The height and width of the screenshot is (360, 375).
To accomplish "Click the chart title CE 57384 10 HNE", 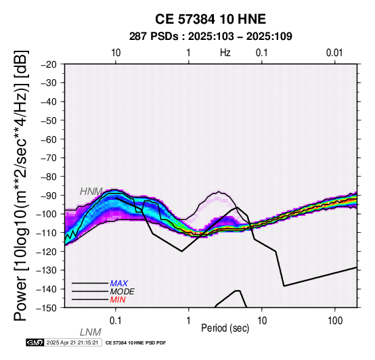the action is click(x=211, y=19).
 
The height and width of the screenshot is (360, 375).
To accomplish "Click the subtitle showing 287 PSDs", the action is click(x=211, y=37).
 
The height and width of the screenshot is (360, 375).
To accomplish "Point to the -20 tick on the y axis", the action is click(x=49, y=64).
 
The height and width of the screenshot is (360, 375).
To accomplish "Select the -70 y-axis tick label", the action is click(x=49, y=158).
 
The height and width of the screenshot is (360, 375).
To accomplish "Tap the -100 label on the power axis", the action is click(x=47, y=215).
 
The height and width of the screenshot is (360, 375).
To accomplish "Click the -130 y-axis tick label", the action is click(x=47, y=271).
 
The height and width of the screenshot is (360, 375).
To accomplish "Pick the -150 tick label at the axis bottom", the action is click(x=47, y=308).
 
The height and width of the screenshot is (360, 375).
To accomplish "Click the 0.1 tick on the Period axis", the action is click(x=116, y=321).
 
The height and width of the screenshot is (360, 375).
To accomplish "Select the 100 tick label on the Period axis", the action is click(x=335, y=321).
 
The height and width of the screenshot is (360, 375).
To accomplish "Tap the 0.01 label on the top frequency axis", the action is click(x=334, y=53).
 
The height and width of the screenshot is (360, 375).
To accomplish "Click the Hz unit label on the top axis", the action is click(x=225, y=53).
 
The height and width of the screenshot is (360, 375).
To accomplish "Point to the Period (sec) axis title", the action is click(x=225, y=328).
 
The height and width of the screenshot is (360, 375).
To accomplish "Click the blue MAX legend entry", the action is click(x=119, y=284).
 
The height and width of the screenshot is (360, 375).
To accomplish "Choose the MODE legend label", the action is click(x=123, y=292).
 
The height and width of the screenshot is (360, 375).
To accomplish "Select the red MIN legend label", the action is click(x=118, y=300).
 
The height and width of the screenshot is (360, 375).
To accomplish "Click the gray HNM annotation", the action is click(x=91, y=192).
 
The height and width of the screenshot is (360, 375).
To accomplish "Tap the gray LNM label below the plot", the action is click(x=91, y=332).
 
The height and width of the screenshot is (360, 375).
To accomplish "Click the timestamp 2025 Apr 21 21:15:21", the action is click(x=72, y=342).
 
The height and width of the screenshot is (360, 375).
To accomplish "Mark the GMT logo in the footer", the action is click(x=35, y=342).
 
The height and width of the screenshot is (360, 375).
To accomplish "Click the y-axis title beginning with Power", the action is click(x=21, y=185).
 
